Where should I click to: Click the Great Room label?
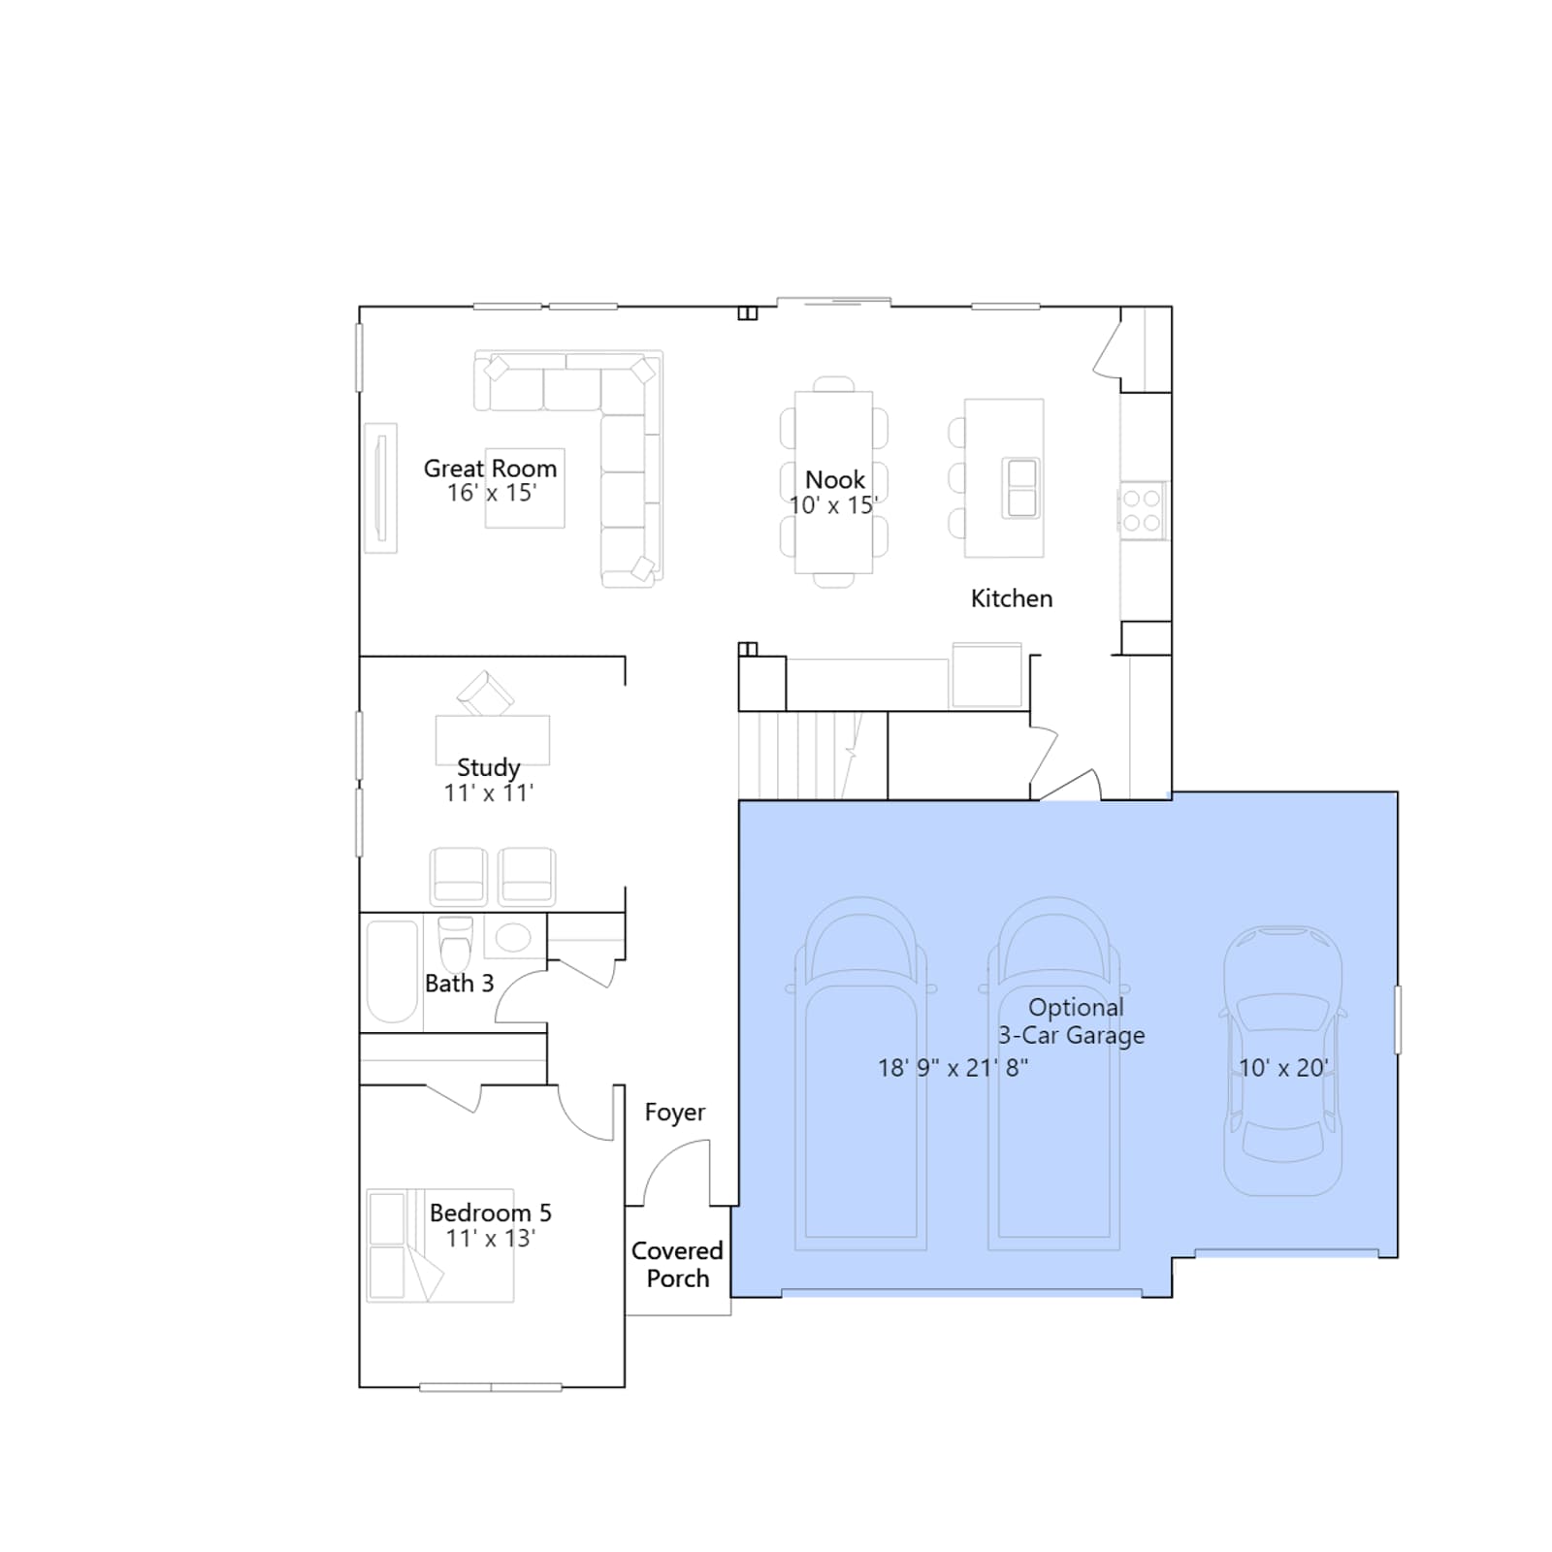(x=490, y=469)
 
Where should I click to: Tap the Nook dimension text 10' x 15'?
(x=833, y=505)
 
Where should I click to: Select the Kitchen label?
(x=1012, y=598)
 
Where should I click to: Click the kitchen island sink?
(x=1021, y=488)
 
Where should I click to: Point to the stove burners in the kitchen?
(x=1142, y=510)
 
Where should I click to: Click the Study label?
(x=488, y=768)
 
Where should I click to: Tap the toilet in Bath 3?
(x=456, y=943)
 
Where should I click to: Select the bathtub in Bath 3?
(x=392, y=971)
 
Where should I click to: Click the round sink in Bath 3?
(x=513, y=937)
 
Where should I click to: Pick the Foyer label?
(x=675, y=1113)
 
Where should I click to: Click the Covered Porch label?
(x=677, y=1265)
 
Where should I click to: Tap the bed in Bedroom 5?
(x=440, y=1245)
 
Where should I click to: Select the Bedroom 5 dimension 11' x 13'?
(x=490, y=1239)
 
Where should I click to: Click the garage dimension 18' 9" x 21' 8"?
(x=953, y=1068)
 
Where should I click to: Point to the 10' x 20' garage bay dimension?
(x=1283, y=1068)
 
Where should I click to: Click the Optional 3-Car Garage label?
(x=1072, y=1021)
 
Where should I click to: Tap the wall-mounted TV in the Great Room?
(x=381, y=488)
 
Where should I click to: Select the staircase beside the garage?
(x=813, y=756)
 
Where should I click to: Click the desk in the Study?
(x=493, y=741)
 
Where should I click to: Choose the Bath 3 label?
(x=459, y=984)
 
